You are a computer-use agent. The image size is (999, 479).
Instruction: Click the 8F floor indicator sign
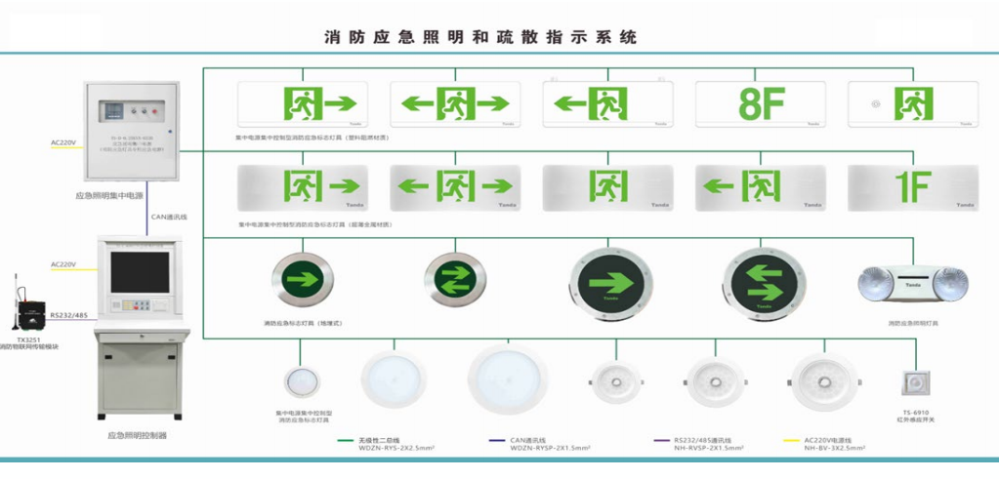pos(759,102)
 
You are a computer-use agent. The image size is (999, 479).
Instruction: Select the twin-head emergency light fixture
pos(911,283)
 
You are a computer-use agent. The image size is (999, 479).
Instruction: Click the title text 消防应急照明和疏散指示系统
pos(479,38)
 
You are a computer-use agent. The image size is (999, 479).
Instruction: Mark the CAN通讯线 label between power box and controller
pos(170,217)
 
